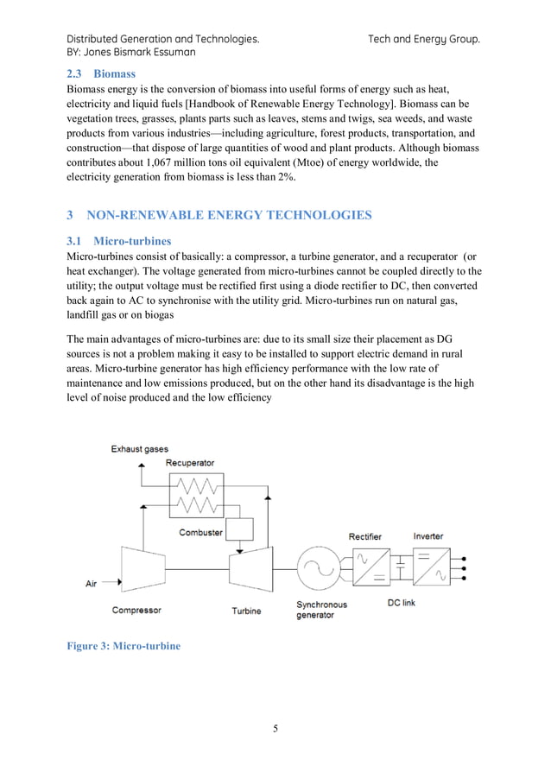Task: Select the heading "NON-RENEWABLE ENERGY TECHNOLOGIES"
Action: pyautogui.click(x=231, y=215)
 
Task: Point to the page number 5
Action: pyautogui.click(x=275, y=727)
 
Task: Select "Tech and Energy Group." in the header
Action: pyautogui.click(x=423, y=39)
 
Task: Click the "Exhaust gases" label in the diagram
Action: pyautogui.click(x=139, y=449)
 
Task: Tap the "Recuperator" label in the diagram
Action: pyautogui.click(x=190, y=464)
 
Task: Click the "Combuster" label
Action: pyautogui.click(x=200, y=533)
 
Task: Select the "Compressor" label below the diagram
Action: pyautogui.click(x=136, y=611)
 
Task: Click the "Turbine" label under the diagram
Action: pyautogui.click(x=246, y=611)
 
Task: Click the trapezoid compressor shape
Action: pyautogui.click(x=138, y=570)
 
